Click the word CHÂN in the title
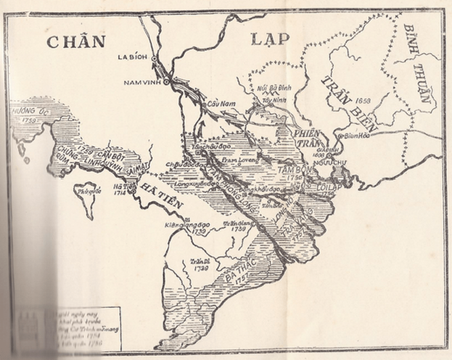click(x=76, y=41)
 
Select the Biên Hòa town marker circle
click(x=341, y=136)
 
